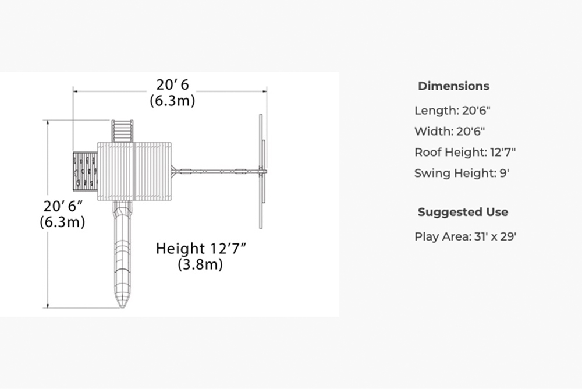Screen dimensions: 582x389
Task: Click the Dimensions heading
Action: coord(453,86)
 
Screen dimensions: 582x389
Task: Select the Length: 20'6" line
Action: coord(452,111)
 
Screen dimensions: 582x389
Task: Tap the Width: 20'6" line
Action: coord(449,132)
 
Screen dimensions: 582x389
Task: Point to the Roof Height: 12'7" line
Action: coord(465,153)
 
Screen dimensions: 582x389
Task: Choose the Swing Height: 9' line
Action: coord(462,173)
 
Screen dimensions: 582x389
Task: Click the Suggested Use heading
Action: coord(463,212)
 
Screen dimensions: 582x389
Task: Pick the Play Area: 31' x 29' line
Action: coord(466,236)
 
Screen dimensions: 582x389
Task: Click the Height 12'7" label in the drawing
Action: coord(201,249)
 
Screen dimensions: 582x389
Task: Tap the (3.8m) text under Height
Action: coord(200,264)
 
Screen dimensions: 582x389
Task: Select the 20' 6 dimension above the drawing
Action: coord(172,84)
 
